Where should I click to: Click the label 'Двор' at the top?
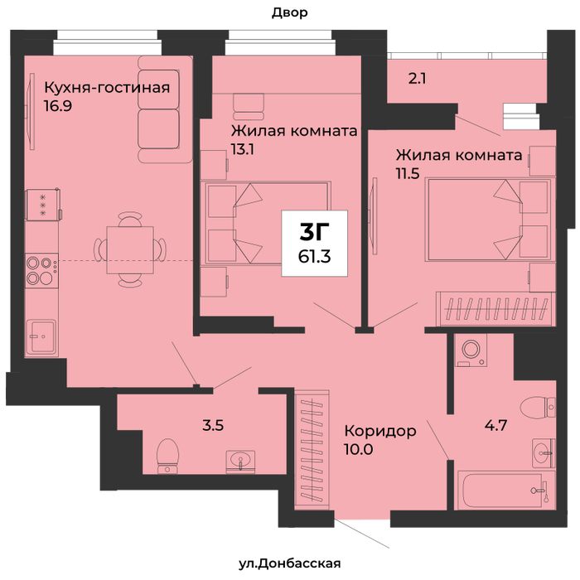point(290,13)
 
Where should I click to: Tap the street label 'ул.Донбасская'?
point(290,563)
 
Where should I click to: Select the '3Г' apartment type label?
point(314,232)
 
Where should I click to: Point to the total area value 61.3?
point(314,256)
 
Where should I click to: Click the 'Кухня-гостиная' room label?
point(107,89)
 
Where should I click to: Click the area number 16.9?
point(58,106)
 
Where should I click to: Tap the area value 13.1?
point(242,149)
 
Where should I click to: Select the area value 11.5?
point(408,173)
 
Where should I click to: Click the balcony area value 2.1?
point(417,79)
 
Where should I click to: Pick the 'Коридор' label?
point(380,432)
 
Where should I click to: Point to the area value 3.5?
point(213,425)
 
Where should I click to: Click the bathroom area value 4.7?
point(495,425)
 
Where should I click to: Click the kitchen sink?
point(41,337)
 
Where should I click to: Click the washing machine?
point(471,350)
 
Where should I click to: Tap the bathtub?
point(506,491)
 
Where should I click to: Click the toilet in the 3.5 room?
point(167,456)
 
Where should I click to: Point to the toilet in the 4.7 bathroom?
point(538,407)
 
